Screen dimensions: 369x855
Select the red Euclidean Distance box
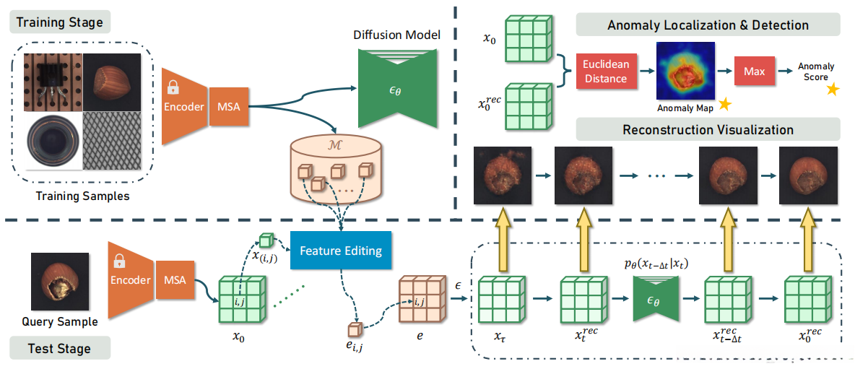coord(605,71)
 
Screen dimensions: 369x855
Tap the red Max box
coord(754,71)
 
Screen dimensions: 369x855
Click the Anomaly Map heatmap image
coord(685,70)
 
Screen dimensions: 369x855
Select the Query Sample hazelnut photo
coord(60,282)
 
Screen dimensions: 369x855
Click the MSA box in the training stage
coord(228,108)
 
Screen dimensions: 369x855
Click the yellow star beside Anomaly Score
coord(833,90)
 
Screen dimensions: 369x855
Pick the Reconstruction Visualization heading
coord(708,130)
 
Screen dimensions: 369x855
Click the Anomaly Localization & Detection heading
coord(708,25)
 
